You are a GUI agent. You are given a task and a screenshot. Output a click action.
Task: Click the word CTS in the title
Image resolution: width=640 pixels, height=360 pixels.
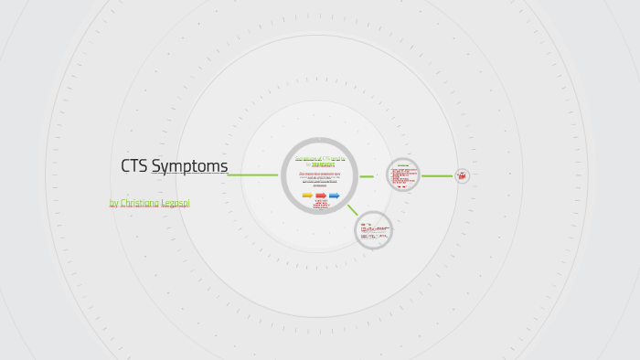click(134, 166)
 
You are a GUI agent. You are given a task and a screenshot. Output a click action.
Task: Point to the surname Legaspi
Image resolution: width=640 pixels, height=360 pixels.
click(177, 203)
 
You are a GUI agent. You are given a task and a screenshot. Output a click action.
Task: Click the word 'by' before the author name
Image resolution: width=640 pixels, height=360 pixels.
click(113, 203)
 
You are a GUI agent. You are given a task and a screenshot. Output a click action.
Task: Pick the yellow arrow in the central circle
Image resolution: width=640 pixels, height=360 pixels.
click(307, 196)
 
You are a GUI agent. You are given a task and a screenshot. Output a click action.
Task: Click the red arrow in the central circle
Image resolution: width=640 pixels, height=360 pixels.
click(321, 196)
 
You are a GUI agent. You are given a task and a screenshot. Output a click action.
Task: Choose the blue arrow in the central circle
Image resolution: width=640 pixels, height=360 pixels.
click(335, 196)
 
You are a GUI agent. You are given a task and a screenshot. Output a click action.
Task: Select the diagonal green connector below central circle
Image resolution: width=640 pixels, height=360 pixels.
click(352, 210)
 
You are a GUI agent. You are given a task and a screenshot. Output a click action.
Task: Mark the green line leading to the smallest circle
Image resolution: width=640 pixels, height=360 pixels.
click(437, 175)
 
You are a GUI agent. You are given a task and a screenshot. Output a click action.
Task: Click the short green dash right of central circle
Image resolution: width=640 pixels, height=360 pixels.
click(367, 176)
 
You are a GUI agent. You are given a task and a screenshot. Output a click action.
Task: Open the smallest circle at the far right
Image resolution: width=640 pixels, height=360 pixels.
click(463, 175)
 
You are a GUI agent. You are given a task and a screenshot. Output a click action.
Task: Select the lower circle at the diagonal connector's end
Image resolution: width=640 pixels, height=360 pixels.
click(373, 230)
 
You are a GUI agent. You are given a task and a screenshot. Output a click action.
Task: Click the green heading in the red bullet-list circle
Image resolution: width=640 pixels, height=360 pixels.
click(403, 165)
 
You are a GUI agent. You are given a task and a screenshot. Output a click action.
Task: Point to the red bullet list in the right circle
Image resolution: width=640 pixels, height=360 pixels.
click(402, 175)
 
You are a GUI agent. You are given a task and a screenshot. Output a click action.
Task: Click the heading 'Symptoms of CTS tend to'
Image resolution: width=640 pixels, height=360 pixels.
click(320, 159)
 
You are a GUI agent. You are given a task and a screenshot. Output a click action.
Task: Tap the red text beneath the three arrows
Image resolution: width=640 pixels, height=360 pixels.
click(321, 204)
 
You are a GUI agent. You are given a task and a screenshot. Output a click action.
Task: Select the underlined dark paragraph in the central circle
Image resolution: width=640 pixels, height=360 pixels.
click(320, 177)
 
